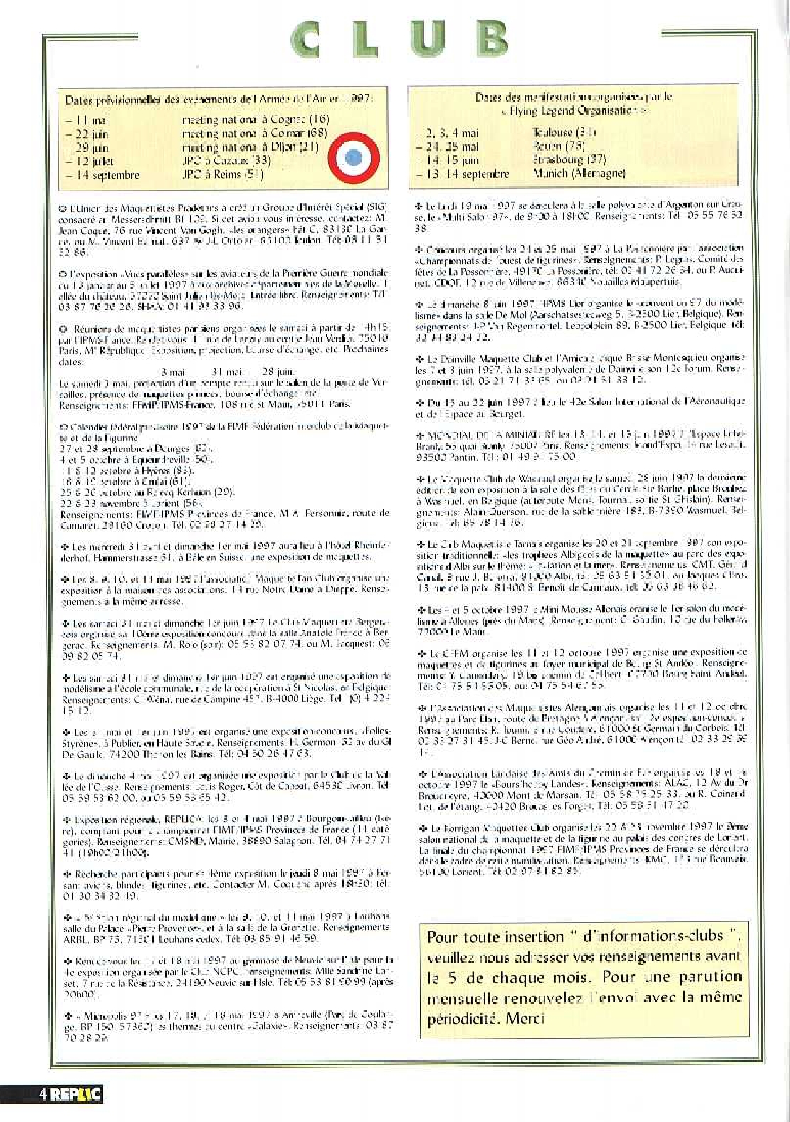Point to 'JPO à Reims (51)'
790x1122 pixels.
pos(223,174)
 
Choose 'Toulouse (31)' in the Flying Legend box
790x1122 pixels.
pos(564,132)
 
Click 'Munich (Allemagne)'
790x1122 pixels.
pos(579,173)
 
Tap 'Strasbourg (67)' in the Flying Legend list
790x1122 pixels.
pos(569,159)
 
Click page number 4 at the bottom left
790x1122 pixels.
pos(44,1094)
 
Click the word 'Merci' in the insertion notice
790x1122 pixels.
pos(525,1018)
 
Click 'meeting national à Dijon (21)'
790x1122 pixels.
pos(250,147)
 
